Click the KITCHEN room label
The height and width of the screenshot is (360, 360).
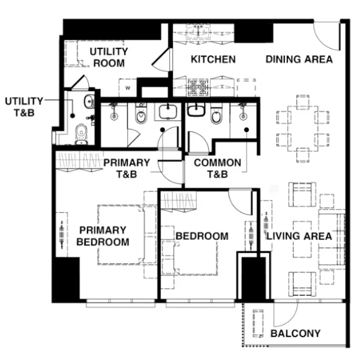[x=213, y=59]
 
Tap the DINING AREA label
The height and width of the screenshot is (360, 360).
[x=299, y=59]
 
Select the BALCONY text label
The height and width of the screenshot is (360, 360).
[x=295, y=334]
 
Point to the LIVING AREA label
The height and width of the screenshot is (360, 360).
[x=299, y=236]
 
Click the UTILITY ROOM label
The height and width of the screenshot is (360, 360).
[x=109, y=57]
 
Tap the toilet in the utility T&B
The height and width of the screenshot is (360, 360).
[x=81, y=134]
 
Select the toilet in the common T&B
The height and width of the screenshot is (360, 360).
[x=216, y=114]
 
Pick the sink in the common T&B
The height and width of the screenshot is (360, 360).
[x=196, y=109]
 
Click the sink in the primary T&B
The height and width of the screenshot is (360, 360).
[x=168, y=112]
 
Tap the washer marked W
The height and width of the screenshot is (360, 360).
[x=128, y=88]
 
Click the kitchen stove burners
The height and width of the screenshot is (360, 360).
[x=198, y=88]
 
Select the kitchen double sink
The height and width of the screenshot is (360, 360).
[x=198, y=32]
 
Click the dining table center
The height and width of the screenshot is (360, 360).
[x=303, y=128]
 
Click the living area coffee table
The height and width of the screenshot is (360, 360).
[x=302, y=239]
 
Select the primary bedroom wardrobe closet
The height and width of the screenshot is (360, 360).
[x=79, y=161]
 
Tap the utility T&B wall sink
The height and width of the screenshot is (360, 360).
[x=89, y=101]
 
